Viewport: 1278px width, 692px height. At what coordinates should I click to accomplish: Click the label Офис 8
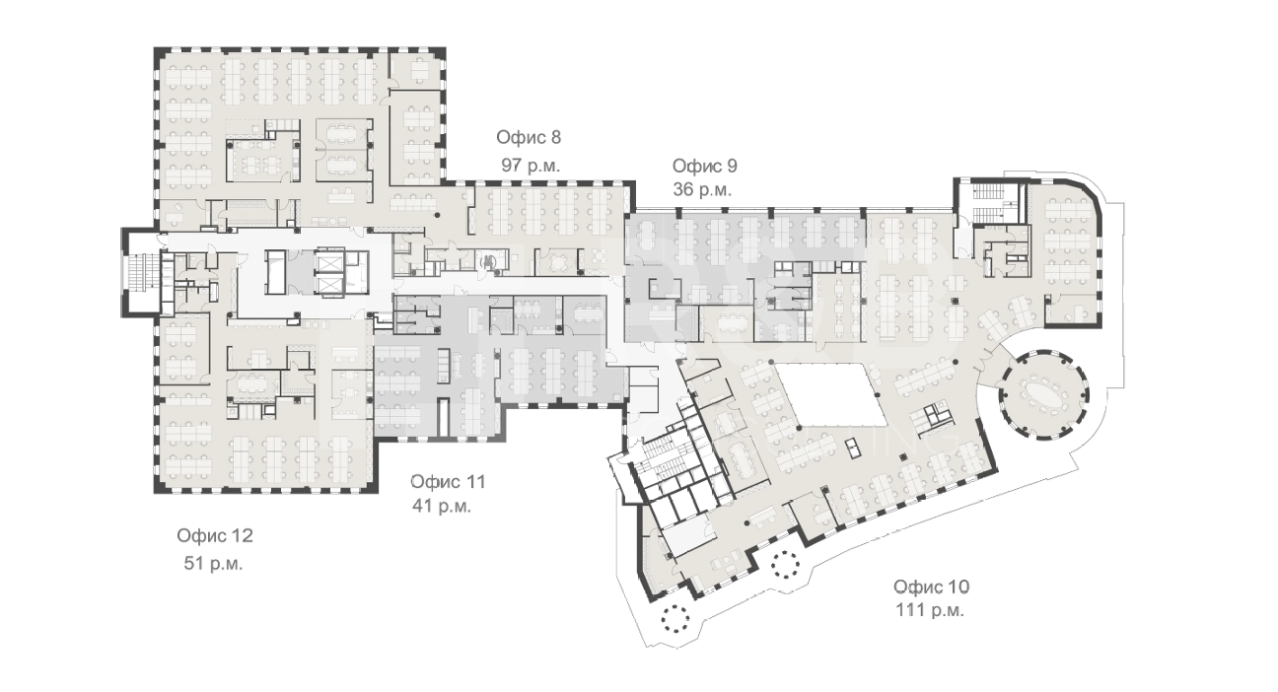[x=529, y=137]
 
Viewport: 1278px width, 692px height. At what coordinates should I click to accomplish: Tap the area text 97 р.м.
[x=531, y=166]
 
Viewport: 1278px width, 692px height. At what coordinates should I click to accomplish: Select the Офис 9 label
[x=705, y=166]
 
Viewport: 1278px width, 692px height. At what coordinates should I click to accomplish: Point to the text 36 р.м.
[x=702, y=189]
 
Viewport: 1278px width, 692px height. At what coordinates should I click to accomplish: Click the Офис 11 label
[x=449, y=482]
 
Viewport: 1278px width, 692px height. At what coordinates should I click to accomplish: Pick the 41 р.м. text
[x=442, y=506]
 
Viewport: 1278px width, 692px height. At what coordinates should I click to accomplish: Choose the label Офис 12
[x=215, y=535]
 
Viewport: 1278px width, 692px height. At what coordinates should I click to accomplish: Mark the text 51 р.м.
[x=213, y=564]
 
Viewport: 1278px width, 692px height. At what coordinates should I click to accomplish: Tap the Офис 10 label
[x=931, y=587]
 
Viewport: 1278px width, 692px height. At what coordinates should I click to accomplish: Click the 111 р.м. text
[x=930, y=610]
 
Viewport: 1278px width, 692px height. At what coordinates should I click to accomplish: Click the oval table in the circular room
[x=1042, y=394]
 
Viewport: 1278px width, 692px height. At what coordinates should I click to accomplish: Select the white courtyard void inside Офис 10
[x=832, y=394]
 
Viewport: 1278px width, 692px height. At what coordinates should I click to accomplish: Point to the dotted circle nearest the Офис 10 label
[x=785, y=564]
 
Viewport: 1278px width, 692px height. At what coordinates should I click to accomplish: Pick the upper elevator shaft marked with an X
[x=329, y=262]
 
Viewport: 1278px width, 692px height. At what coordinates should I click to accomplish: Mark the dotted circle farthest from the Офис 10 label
[x=674, y=618]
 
